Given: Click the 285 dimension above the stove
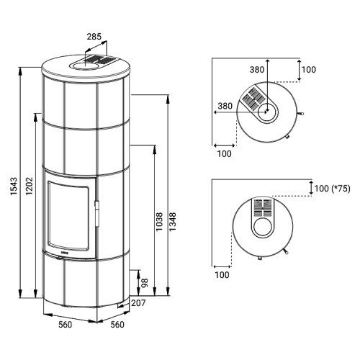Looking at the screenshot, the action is click(94, 37).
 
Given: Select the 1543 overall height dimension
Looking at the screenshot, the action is click(14, 186).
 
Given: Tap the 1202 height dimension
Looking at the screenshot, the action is click(29, 186).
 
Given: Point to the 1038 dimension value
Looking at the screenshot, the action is click(159, 222).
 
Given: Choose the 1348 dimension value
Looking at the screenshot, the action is click(173, 222).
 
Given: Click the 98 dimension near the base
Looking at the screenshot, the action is click(145, 283).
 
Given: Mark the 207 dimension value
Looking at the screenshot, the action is click(138, 303).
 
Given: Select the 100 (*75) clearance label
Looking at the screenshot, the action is click(332, 189).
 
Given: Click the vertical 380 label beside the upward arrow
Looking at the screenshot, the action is click(257, 70).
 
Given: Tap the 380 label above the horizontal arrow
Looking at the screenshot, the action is click(225, 106).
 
